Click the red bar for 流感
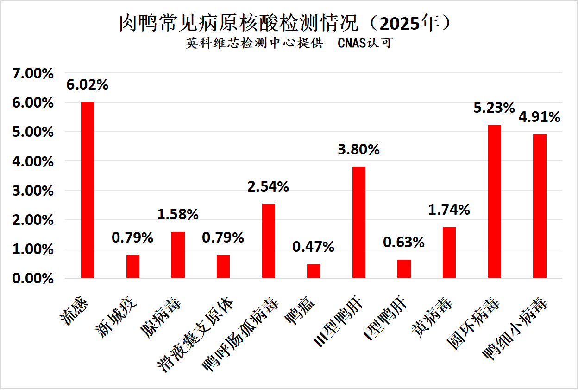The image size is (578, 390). pyautogui.click(x=88, y=190)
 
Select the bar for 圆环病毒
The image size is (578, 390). pyautogui.click(x=494, y=201)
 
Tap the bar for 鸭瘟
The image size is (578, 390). pyautogui.click(x=314, y=271)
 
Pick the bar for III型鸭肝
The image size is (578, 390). pyautogui.click(x=359, y=222)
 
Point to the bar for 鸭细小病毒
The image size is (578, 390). pyautogui.click(x=540, y=206)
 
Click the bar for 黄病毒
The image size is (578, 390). pyautogui.click(x=449, y=252)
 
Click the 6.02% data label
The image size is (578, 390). pyautogui.click(x=87, y=85)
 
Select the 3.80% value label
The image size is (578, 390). pyautogui.click(x=359, y=149)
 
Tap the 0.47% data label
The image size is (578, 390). pyautogui.click(x=313, y=247)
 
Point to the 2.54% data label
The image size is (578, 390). pyautogui.click(x=268, y=186)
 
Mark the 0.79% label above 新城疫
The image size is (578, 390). pyautogui.click(x=132, y=238)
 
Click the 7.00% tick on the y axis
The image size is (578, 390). pyautogui.click(x=33, y=73)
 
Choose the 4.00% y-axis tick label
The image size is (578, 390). pyautogui.click(x=33, y=161)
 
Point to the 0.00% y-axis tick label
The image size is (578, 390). pyautogui.click(x=33, y=279)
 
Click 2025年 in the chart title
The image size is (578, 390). pyautogui.click(x=408, y=23)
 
